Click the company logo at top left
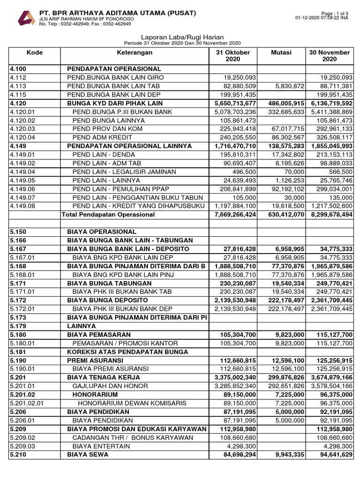pos(26,18)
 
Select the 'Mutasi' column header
pos(281,52)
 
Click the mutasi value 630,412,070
pos(282,214)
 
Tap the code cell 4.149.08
pos(22,206)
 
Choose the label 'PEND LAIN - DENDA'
pos(103,154)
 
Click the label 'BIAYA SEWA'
pos(88,455)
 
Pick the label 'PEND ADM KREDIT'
pos(103,137)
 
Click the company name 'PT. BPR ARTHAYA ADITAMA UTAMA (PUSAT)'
pos(118,12)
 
